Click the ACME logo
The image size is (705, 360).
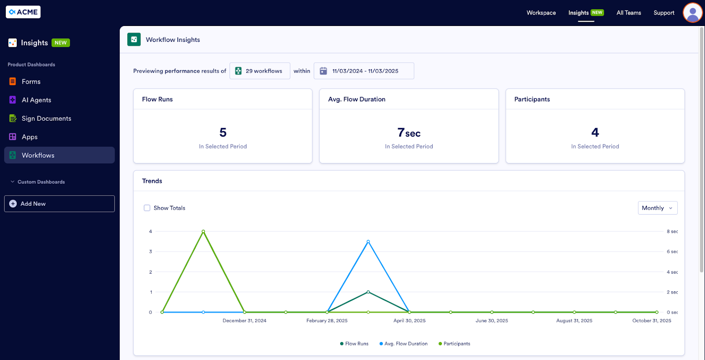coord(23,12)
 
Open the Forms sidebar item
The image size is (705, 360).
coord(31,82)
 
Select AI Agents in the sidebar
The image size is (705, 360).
coord(36,100)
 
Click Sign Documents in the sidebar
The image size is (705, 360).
coord(46,119)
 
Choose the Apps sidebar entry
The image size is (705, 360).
coord(30,137)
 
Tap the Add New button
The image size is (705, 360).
coord(59,204)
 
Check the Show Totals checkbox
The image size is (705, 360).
coord(147,208)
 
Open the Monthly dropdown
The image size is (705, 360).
coord(657,208)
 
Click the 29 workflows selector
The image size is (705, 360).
coord(260,71)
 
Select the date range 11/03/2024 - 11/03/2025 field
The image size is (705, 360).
coord(364,71)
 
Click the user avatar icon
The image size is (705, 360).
coord(692,12)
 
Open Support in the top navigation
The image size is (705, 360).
coord(664,13)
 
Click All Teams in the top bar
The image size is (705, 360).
coord(628,13)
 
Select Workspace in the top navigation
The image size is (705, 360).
coord(541,13)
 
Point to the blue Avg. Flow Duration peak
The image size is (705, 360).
coord(368,241)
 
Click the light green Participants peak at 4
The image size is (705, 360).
coord(203,231)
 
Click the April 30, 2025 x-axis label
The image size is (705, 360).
coord(409,321)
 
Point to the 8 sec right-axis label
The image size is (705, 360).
coord(672,231)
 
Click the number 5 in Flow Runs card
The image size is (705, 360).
coord(223,132)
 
